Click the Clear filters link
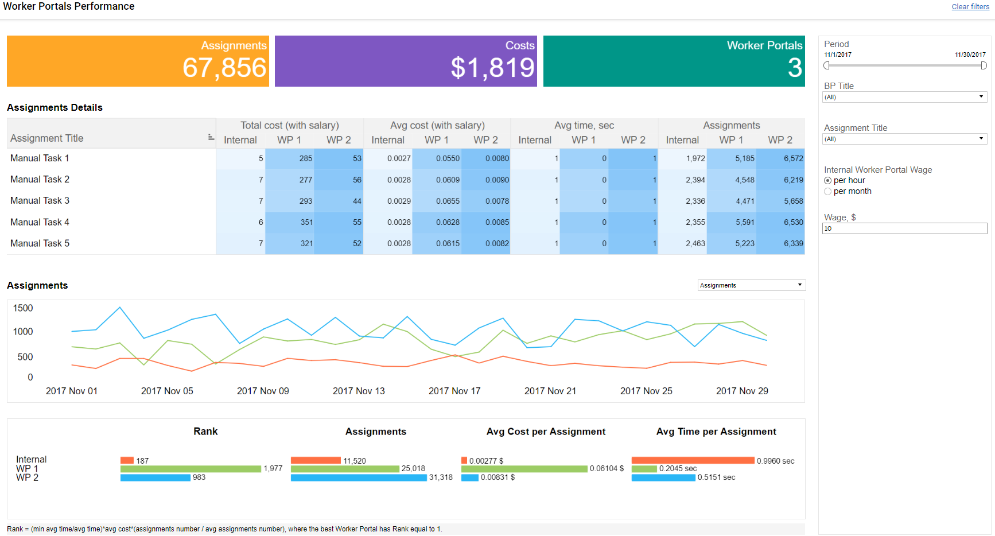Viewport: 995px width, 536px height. click(x=970, y=7)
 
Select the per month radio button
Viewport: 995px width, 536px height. click(x=827, y=192)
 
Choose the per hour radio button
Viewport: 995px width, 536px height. click(x=827, y=181)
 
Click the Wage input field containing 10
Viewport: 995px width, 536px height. click(x=904, y=228)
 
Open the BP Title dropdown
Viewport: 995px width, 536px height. click(x=904, y=98)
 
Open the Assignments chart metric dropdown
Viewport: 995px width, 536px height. click(x=752, y=285)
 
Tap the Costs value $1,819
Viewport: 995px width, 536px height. click(x=493, y=68)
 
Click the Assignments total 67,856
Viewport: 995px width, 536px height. click(x=224, y=68)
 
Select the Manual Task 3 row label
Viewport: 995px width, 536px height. click(x=40, y=201)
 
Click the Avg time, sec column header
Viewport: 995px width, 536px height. click(x=584, y=126)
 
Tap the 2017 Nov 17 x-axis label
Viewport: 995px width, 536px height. click(x=454, y=391)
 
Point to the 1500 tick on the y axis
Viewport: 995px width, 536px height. click(x=23, y=308)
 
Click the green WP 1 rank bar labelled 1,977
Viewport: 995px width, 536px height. click(x=191, y=469)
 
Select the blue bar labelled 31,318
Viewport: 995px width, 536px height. click(x=359, y=477)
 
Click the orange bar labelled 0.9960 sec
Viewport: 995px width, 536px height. click(x=693, y=460)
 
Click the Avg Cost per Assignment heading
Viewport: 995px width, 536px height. click(x=546, y=432)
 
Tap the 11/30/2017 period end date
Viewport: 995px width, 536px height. click(x=970, y=55)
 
